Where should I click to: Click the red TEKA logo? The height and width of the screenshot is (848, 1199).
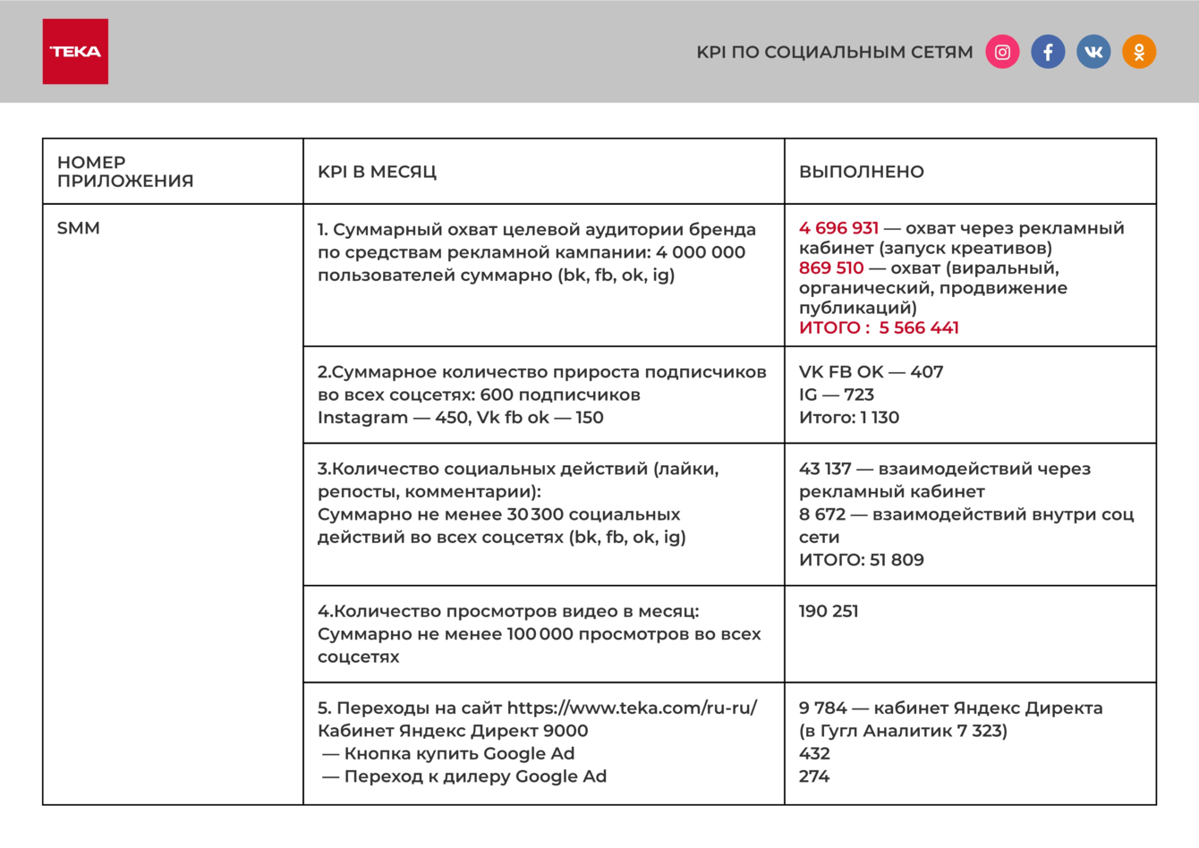[75, 52]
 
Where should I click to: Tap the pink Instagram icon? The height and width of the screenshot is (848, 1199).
[1002, 52]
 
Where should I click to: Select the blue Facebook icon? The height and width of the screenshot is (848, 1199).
[1048, 52]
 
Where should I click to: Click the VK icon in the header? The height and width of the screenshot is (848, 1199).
[1093, 52]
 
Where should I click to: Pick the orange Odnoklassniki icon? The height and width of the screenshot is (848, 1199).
[1139, 52]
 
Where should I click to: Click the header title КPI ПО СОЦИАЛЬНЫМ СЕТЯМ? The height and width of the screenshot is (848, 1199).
[834, 53]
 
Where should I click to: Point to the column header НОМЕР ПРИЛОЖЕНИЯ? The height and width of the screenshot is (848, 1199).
[125, 172]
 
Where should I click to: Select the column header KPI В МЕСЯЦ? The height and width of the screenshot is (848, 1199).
[377, 172]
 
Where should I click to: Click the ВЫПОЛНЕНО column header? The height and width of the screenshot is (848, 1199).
[861, 172]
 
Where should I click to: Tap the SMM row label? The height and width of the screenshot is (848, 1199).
[79, 228]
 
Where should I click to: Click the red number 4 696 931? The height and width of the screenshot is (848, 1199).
[838, 228]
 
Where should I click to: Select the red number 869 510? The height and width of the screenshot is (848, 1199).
[831, 268]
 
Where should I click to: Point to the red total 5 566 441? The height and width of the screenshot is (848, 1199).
[918, 328]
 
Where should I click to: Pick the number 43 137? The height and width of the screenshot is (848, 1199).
[825, 469]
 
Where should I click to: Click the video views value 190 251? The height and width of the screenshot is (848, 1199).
[829, 612]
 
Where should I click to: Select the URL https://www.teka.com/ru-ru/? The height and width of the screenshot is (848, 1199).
[632, 708]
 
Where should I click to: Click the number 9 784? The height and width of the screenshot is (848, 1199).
[822, 708]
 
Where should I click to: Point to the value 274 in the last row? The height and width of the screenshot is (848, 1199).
[814, 776]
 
